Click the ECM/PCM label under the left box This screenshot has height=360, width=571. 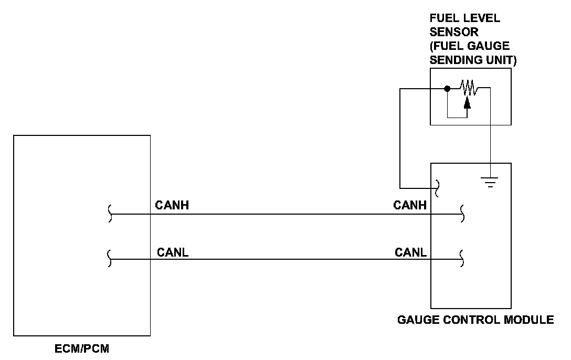81,348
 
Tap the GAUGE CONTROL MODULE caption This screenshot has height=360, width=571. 475,319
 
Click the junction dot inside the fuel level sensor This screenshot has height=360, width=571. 447,89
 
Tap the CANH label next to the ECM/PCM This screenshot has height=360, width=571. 172,206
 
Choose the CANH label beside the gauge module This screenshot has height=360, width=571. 410,206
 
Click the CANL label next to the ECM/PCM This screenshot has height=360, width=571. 173,252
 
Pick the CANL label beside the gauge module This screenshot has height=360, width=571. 410,252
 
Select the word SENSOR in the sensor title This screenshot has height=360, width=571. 447,32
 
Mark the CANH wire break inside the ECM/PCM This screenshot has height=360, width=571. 109,214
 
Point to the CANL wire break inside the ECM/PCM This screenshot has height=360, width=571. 109,259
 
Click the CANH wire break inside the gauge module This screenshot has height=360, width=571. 461,214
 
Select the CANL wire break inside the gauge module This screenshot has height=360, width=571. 461,259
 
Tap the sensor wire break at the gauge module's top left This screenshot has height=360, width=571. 436,187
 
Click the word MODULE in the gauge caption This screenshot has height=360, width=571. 530,319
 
